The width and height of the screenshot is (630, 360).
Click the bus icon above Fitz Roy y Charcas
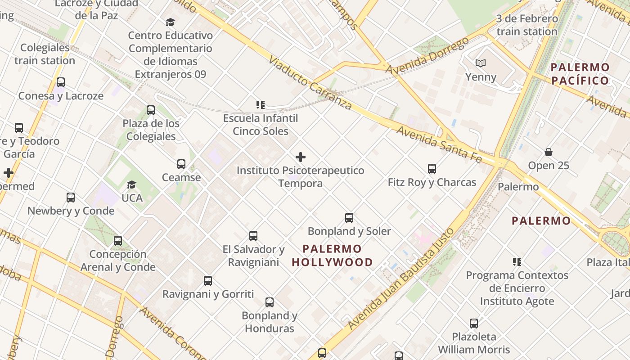pos(432,169)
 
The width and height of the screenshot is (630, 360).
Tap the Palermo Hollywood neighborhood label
pos(333,256)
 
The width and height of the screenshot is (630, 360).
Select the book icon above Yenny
pos(481,63)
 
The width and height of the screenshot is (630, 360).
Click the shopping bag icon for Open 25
pos(549,152)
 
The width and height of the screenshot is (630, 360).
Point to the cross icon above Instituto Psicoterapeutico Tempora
pos(301,157)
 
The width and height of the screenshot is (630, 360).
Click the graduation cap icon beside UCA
pos(131,184)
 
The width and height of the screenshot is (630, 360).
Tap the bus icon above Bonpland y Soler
pos(349,218)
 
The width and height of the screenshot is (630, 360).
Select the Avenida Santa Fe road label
pos(439,144)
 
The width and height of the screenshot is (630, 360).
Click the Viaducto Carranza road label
pos(310,83)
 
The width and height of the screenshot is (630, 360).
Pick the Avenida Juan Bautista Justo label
pos(400,279)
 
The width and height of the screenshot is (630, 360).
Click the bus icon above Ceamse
pos(181,164)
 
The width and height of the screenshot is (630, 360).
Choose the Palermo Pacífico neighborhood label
pos(580,74)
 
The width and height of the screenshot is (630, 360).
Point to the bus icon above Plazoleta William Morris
pos(474,323)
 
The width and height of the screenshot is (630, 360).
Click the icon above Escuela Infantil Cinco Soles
pos(261,105)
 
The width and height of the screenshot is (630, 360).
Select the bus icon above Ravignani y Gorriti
pos(208,281)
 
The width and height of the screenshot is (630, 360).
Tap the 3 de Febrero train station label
pos(527,25)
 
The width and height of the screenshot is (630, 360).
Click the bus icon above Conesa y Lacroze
pos(61,82)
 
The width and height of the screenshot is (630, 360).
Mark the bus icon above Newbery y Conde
pos(71,197)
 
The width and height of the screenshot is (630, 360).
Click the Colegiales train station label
pos(45,54)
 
